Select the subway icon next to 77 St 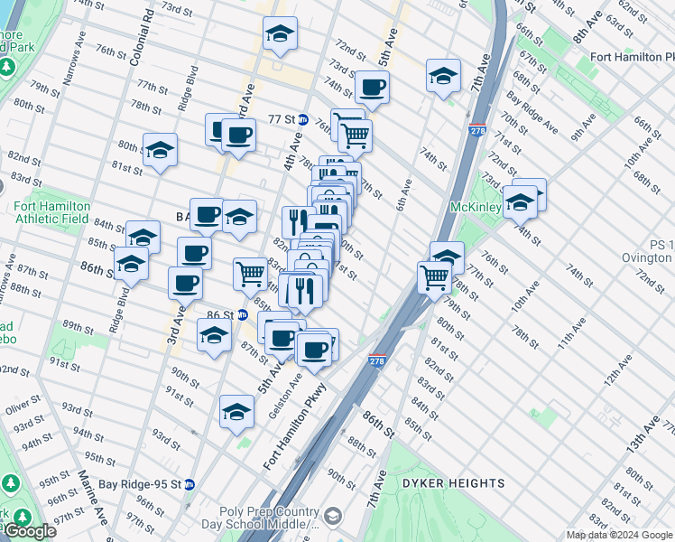(304, 119)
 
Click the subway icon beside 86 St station (243, 315)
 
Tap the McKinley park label (476, 206)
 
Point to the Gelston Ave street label (284, 374)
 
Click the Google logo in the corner (30, 532)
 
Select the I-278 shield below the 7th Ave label (477, 132)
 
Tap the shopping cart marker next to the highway (435, 276)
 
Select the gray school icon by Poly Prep (333, 516)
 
